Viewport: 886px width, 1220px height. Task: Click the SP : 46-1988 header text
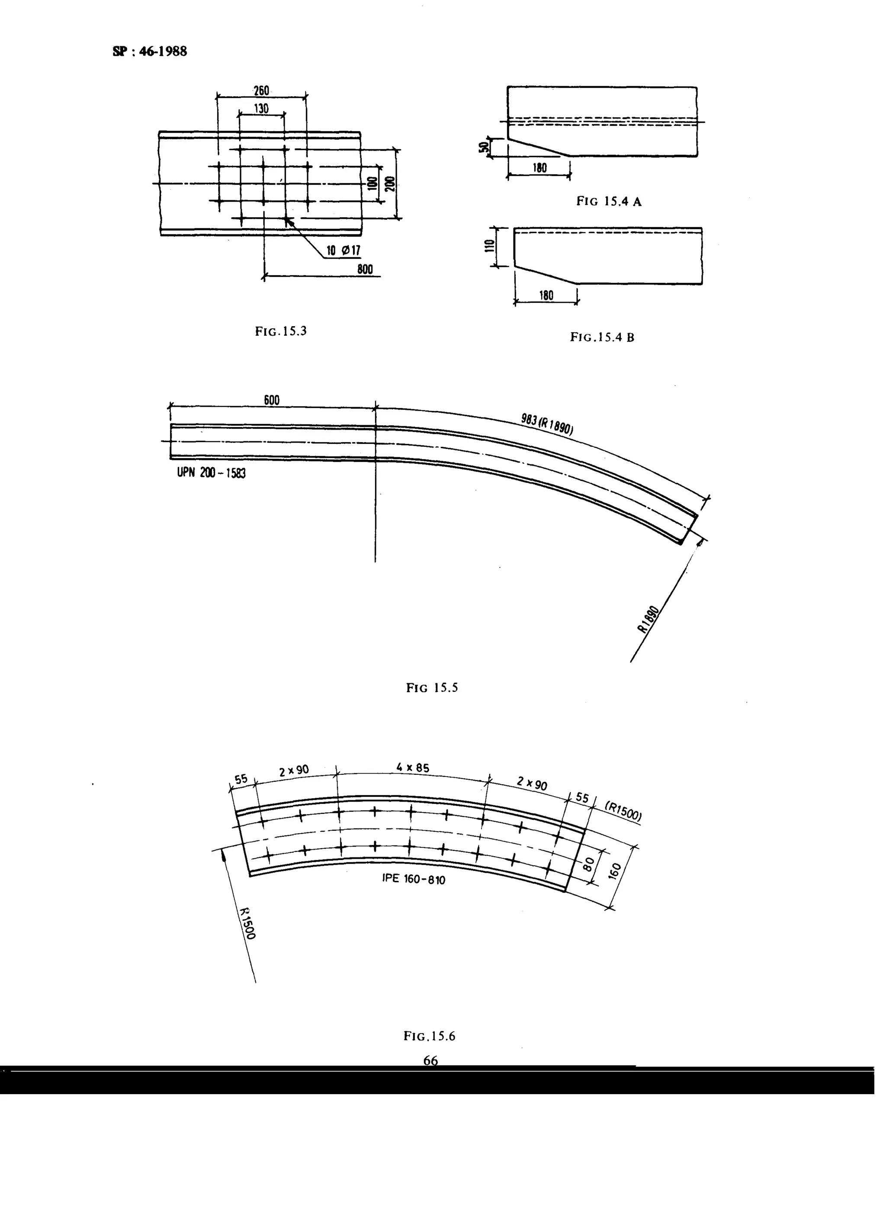tap(150, 51)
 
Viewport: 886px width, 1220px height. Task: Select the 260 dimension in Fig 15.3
tap(261, 90)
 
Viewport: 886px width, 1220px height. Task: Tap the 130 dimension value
tap(261, 109)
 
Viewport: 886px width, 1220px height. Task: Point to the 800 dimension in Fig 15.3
tap(365, 270)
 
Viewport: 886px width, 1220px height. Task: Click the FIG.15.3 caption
tap(281, 331)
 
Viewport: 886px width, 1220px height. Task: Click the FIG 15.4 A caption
tap(608, 202)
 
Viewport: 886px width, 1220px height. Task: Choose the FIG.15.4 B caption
tap(602, 338)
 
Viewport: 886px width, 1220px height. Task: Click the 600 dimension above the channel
tap(272, 400)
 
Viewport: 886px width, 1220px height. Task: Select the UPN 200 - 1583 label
tap(212, 473)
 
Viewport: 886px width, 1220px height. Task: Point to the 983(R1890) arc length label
tap(546, 424)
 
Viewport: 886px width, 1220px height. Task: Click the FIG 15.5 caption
tap(432, 688)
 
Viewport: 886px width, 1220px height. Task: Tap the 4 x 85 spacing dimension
tap(413, 767)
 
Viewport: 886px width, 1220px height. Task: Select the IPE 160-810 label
tap(414, 879)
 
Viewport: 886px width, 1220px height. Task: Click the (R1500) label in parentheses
tap(623, 812)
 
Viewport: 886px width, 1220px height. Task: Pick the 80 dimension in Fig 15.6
tap(588, 864)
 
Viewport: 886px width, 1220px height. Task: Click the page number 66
tap(430, 1060)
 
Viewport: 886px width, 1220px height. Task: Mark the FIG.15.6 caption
tap(429, 1036)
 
